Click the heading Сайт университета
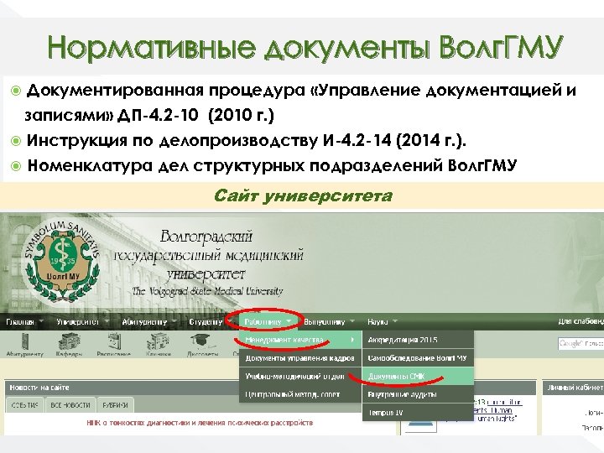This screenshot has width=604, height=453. tap(302, 196)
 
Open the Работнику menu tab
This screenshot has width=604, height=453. tap(267, 321)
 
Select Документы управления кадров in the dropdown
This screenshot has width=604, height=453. tap(299, 358)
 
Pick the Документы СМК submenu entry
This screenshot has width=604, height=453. tap(398, 377)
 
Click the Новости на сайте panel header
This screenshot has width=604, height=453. tap(39, 388)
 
